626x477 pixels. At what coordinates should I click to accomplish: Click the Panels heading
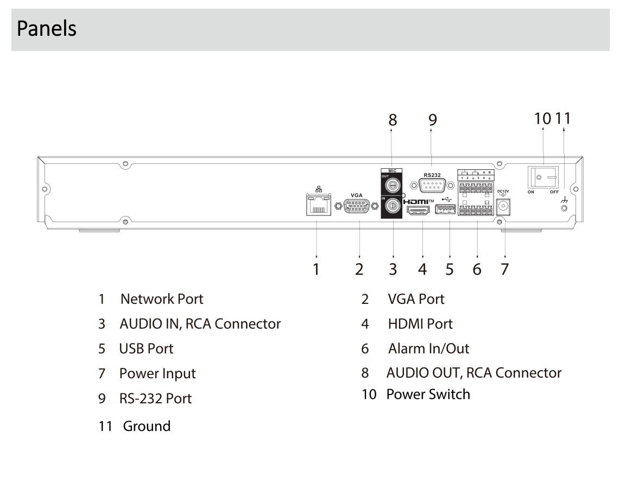(46, 29)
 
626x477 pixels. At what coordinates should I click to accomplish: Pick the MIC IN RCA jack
(393, 207)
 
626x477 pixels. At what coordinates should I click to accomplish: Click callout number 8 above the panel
(393, 120)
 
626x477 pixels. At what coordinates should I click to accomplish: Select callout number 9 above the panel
(433, 120)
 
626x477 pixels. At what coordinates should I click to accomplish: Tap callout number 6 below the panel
(477, 269)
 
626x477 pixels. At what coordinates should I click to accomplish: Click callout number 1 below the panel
(317, 269)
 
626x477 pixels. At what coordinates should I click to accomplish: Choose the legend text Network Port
(162, 298)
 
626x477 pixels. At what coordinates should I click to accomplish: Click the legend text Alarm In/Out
(428, 348)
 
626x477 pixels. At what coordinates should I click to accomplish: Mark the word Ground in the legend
(147, 425)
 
